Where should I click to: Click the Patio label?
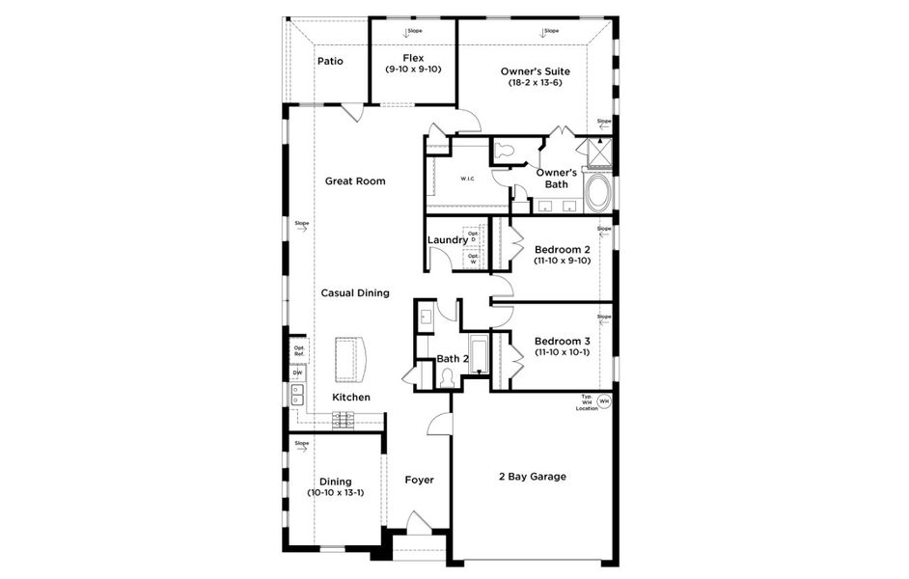pos(330,62)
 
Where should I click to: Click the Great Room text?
pos(355,180)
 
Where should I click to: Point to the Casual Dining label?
pos(355,292)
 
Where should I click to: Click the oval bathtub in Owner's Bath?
pos(598,193)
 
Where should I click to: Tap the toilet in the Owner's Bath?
pos(506,152)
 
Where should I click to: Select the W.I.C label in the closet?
pos(466,179)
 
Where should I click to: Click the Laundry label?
pos(447,240)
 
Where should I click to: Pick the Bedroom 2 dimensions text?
pos(562,261)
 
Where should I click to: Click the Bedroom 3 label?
pos(562,341)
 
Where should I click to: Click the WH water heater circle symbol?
pos(604,401)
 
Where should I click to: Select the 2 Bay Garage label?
pos(532,477)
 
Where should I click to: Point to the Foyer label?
pos(419,480)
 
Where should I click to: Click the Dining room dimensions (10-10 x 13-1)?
pos(336,493)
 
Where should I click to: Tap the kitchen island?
pos(352,358)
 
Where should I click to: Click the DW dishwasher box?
pos(298,373)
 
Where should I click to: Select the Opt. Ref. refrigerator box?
pos(299,351)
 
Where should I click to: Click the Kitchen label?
pos(350,397)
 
